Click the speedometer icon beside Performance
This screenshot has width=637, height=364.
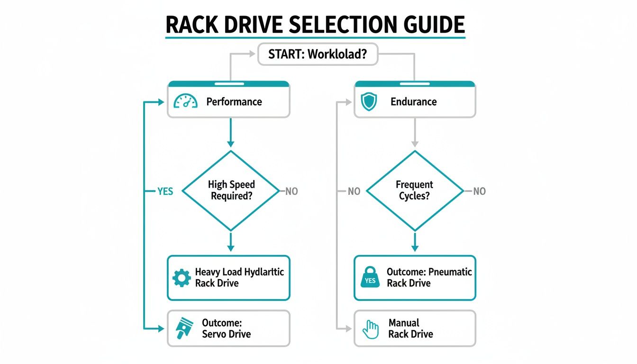pyautogui.click(x=185, y=101)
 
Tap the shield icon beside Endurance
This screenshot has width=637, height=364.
pyautogui.click(x=369, y=102)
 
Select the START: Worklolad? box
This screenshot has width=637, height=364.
pyautogui.click(x=318, y=54)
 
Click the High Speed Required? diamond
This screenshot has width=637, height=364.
pyautogui.click(x=230, y=191)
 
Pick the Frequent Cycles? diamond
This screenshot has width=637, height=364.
pyautogui.click(x=415, y=191)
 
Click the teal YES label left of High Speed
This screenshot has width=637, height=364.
pyautogui.click(x=165, y=191)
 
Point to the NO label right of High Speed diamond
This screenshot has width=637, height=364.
pyautogui.click(x=291, y=191)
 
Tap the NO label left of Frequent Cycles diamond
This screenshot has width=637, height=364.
pyautogui.click(x=354, y=191)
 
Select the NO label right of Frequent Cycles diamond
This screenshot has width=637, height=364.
pyautogui.click(x=479, y=191)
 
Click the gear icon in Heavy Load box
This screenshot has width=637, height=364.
pyautogui.click(x=182, y=278)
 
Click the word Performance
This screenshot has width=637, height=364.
pyautogui.click(x=234, y=102)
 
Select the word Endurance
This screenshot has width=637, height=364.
pyautogui.click(x=413, y=102)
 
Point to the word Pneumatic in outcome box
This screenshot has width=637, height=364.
pyautogui.click(x=450, y=272)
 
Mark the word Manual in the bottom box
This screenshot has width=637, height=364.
pyautogui.click(x=404, y=323)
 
